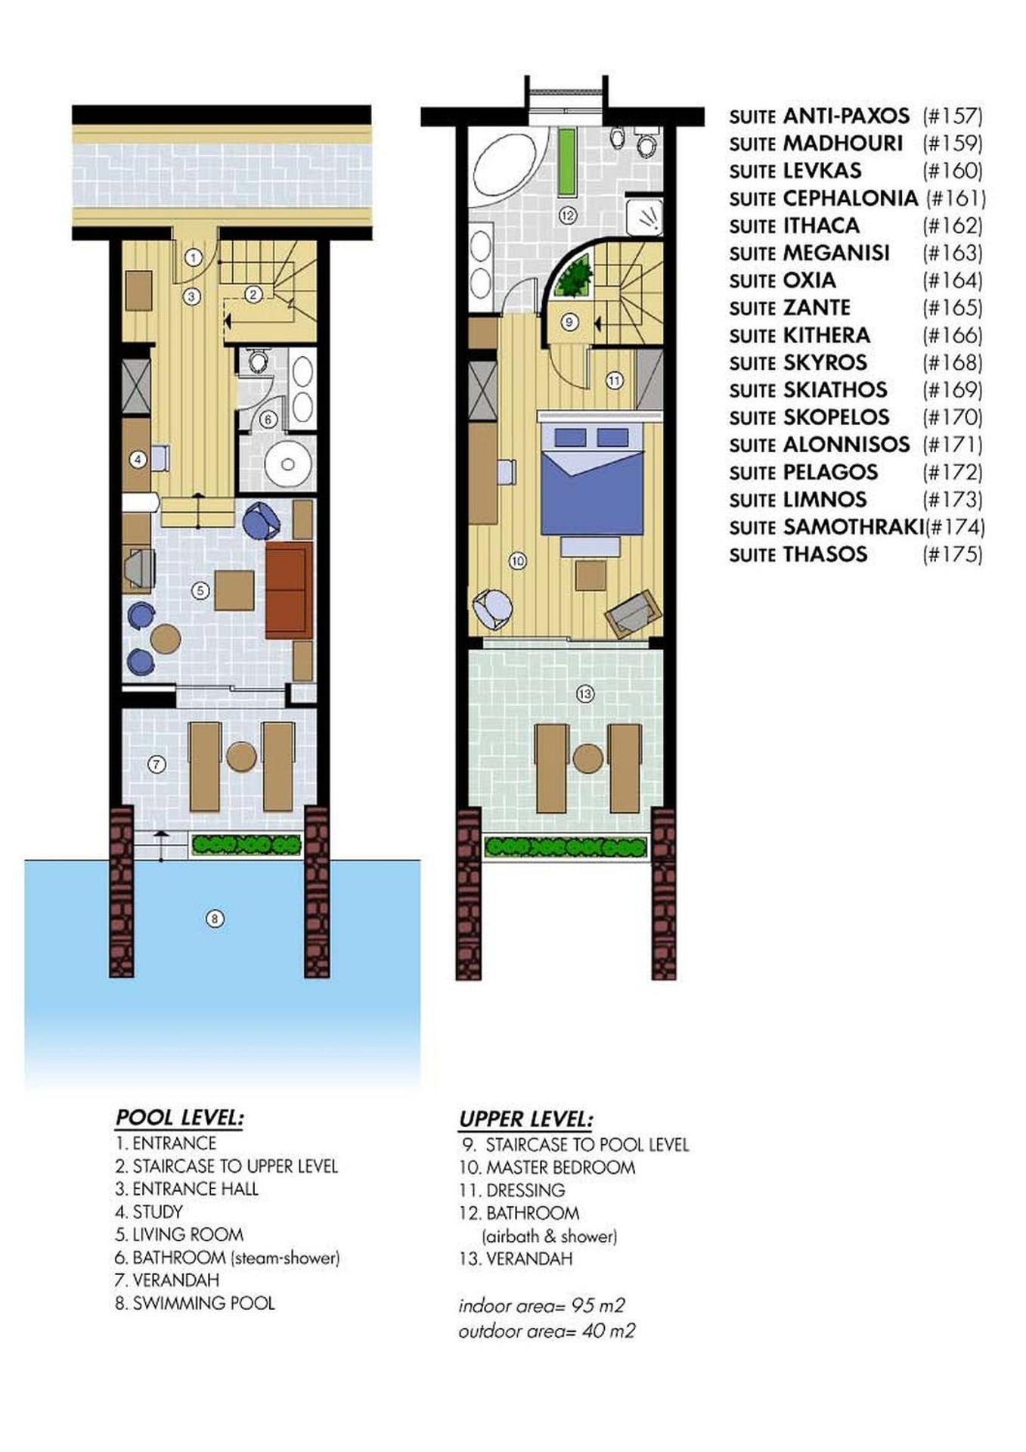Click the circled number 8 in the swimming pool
coord(215,919)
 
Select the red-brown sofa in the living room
coord(289,590)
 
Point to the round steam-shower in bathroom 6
coord(288,464)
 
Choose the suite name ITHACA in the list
coord(821,225)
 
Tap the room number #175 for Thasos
coord(953,554)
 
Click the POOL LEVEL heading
coord(179,1118)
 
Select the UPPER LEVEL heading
coord(526,1119)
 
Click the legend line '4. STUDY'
coord(149,1212)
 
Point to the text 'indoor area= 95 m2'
coord(541,1306)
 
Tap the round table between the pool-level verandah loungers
coord(241,756)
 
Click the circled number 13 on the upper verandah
coord(585,693)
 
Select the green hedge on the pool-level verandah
coord(246,845)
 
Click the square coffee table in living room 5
coord(234,590)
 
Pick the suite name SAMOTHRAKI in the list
coord(854,526)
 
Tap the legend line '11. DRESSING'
coord(512,1190)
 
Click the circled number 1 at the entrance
coord(194,258)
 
